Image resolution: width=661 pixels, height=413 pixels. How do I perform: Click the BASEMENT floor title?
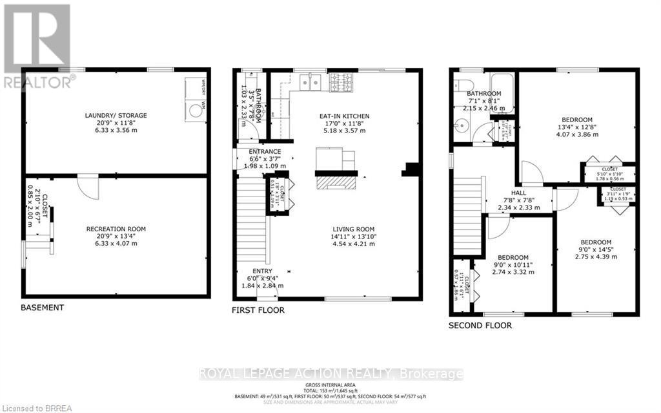[43, 308]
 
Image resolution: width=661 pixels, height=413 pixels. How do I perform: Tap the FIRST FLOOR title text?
[258, 310]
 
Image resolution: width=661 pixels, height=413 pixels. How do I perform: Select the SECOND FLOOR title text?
[480, 326]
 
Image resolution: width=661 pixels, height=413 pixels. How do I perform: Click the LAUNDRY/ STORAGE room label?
[116, 116]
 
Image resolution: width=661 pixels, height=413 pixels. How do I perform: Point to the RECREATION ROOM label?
[116, 229]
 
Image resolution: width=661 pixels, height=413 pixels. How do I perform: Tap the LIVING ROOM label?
[354, 229]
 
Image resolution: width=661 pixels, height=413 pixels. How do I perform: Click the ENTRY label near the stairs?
[263, 271]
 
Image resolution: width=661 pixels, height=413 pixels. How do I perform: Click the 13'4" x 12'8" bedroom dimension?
[577, 127]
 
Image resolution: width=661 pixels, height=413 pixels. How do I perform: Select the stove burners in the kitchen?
[341, 82]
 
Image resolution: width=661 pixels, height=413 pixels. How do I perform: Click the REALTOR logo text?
[39, 81]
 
